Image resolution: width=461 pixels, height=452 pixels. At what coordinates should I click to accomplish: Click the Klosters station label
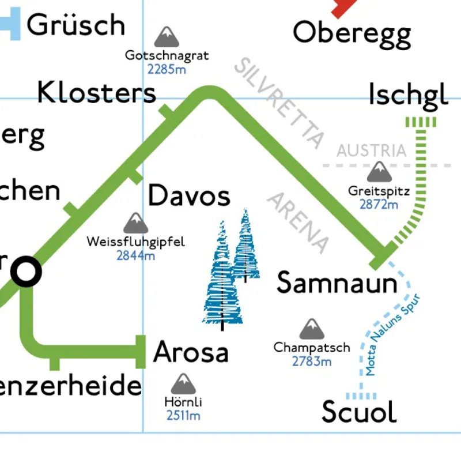97,92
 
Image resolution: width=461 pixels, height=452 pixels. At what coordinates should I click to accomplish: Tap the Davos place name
189,197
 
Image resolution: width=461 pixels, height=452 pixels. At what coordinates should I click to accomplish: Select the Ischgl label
408,95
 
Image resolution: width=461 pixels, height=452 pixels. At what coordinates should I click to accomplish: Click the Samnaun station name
337,283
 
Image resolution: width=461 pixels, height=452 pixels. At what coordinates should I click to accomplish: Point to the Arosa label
191,352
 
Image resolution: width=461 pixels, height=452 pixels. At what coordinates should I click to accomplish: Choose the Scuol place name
359,412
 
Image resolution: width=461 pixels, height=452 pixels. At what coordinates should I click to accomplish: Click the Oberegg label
352,33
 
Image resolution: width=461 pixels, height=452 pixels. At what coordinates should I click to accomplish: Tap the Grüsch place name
75,25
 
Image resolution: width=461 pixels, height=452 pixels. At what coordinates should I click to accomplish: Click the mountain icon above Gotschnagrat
167,37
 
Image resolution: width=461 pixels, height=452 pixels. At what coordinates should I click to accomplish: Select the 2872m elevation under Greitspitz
379,204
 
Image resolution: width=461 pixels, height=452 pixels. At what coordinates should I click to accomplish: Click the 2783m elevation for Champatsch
312,361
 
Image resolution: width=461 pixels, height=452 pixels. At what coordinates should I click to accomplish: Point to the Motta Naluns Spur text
394,335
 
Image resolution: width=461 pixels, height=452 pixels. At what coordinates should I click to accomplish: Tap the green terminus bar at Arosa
140,352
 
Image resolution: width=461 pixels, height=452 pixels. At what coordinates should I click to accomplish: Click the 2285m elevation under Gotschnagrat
167,70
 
